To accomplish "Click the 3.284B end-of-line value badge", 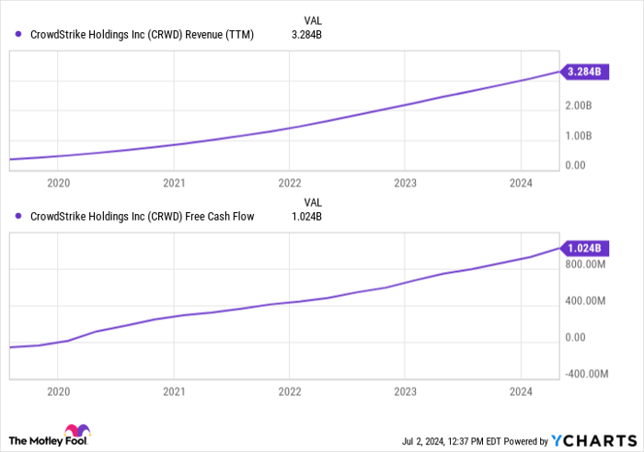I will (x=583, y=71).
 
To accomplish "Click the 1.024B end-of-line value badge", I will (x=583, y=248).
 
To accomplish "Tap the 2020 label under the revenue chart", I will (x=57, y=183).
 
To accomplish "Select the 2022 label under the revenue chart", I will (x=289, y=183).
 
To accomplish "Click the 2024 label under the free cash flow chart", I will (x=521, y=390).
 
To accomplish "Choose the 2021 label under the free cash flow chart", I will (x=173, y=390).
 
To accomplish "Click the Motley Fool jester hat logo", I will (x=75, y=432).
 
